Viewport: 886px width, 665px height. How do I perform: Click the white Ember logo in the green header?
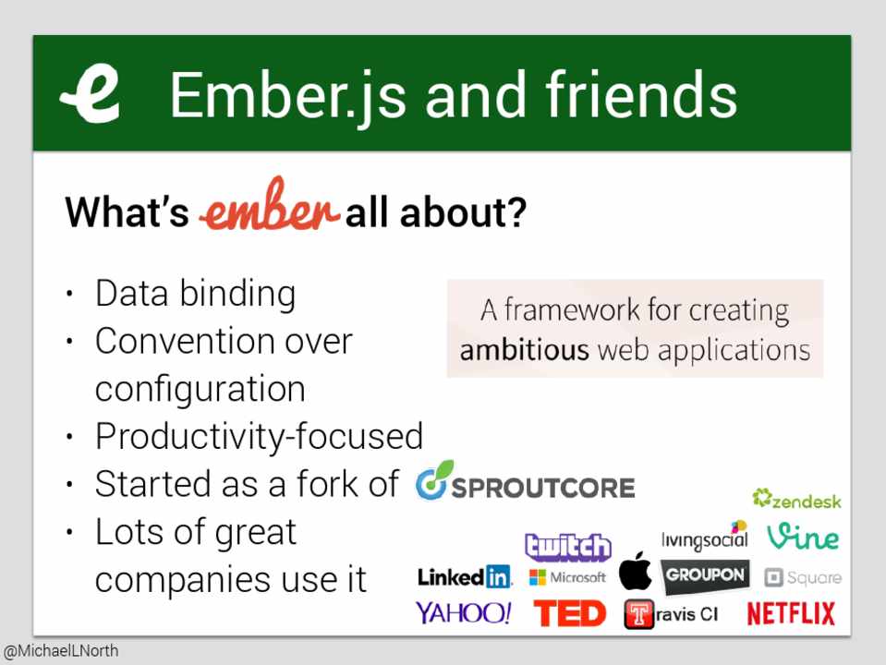[91, 94]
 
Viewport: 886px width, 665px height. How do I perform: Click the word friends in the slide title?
[641, 94]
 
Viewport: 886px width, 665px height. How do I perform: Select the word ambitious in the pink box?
[524, 350]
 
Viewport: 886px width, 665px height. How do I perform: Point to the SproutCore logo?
[525, 482]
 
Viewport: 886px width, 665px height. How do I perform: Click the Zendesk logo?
[796, 499]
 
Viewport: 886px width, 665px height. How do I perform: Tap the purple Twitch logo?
[568, 547]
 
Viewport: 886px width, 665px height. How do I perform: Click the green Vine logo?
[802, 537]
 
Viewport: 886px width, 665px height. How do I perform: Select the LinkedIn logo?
[465, 577]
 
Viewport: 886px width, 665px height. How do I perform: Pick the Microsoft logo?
[567, 577]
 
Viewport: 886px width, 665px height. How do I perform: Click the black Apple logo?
[635, 571]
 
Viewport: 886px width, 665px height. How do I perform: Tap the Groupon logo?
[705, 575]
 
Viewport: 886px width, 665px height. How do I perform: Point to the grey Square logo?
[803, 577]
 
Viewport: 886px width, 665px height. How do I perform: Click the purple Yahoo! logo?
[464, 612]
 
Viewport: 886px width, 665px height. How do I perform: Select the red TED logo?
[569, 613]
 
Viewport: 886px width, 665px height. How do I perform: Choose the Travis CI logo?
[671, 614]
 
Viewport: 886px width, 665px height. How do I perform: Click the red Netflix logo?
[791, 613]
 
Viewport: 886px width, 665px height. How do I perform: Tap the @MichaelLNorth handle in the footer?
[61, 651]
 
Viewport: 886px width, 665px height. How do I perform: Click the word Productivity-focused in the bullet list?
[260, 437]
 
